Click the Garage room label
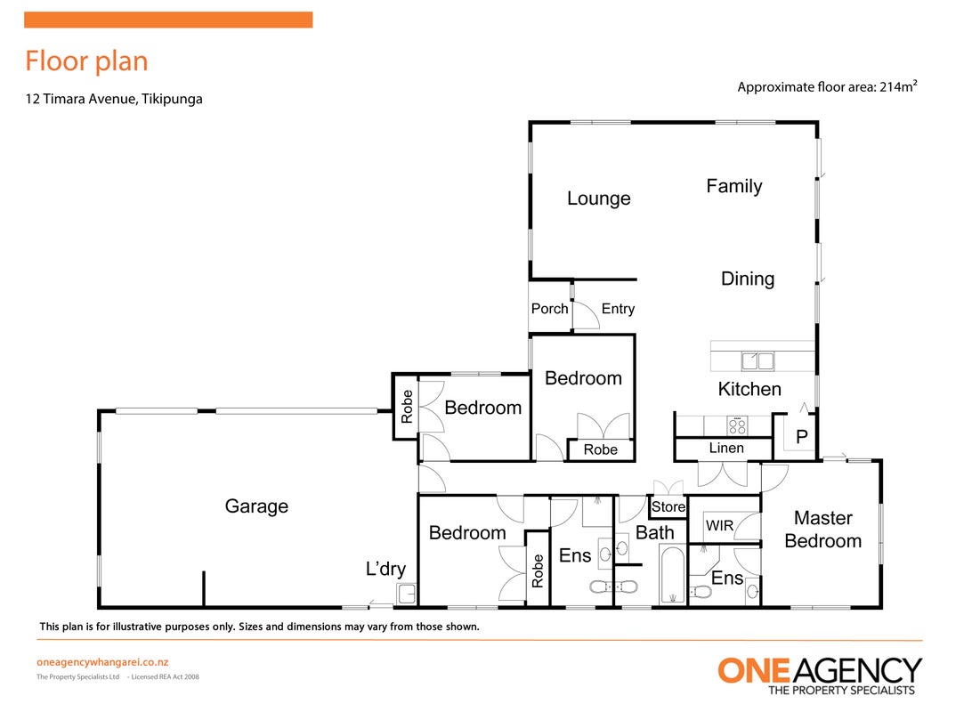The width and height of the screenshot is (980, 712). coord(256,506)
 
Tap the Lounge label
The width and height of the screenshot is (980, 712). coord(599,198)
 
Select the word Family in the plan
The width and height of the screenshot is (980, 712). coord(734,186)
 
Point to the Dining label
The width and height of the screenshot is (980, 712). coord(748,279)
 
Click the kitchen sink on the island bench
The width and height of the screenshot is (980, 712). coord(757,360)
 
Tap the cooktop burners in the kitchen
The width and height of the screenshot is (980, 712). coord(738,426)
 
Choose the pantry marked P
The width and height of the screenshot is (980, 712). coord(802,437)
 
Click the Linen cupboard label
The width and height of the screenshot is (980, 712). coord(726,449)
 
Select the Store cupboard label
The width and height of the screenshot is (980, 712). coord(668,507)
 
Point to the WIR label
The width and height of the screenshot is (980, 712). coord(719,526)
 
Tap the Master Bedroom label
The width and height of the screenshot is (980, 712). coord(823,530)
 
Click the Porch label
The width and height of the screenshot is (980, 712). coord(550,309)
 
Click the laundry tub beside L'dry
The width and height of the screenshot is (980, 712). coord(407,594)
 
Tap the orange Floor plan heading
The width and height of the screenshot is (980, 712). coord(86,61)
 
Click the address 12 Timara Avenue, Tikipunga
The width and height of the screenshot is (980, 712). coord(114,99)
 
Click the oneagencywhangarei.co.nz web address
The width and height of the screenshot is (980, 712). coord(102,662)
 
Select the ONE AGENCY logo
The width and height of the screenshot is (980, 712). coord(820,676)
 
